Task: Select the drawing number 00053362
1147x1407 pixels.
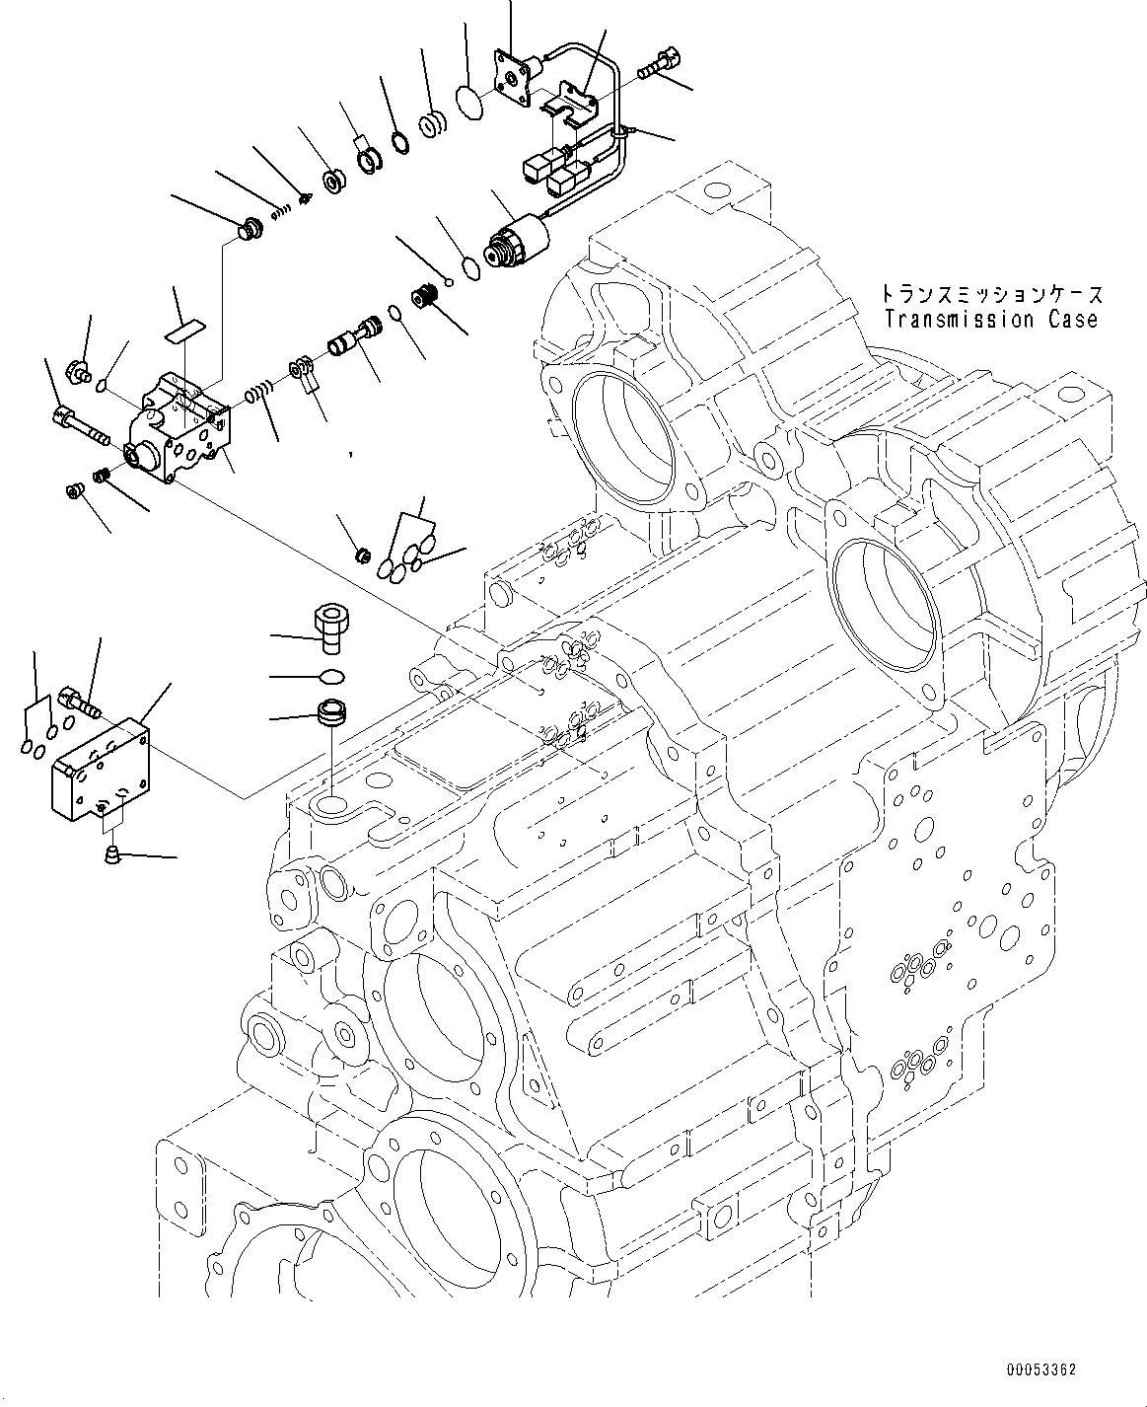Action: point(1041,1370)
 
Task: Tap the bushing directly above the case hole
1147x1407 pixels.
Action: point(328,712)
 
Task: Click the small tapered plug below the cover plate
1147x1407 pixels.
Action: point(111,852)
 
